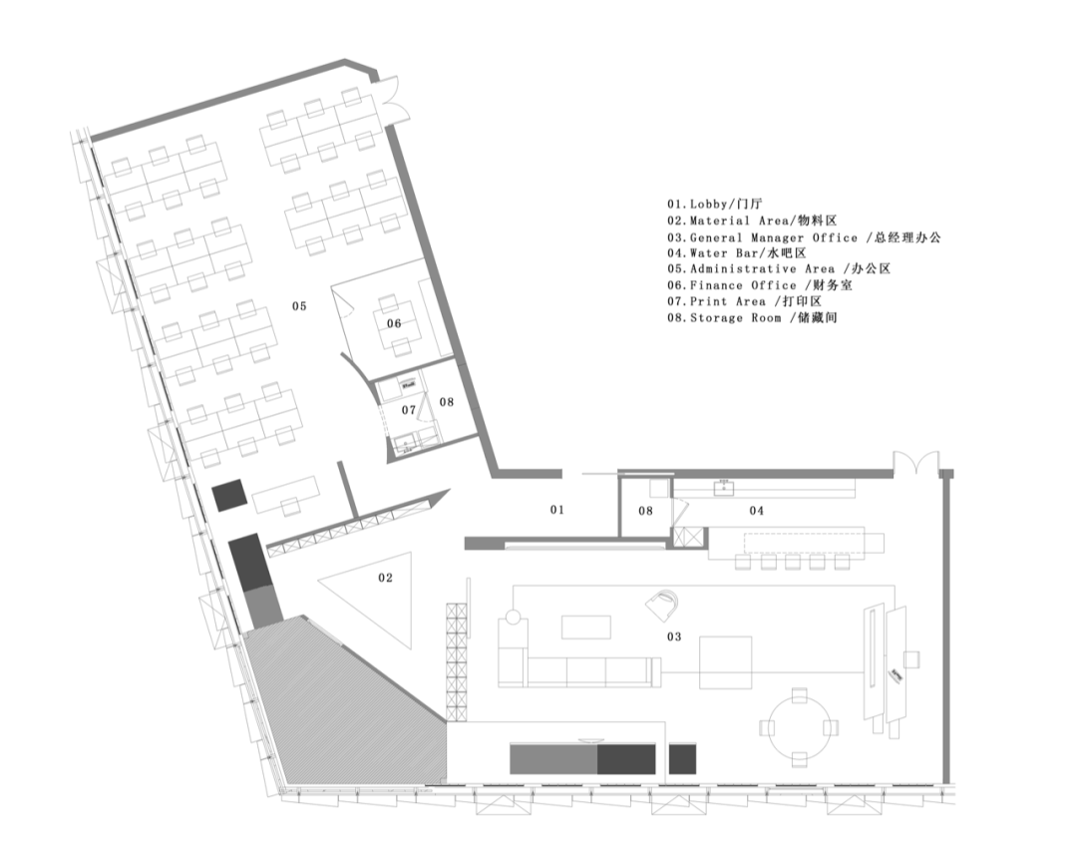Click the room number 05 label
pyautogui.click(x=299, y=305)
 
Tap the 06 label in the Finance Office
pyautogui.click(x=394, y=323)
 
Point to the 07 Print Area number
pyautogui.click(x=409, y=409)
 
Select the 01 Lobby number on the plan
pyautogui.click(x=557, y=509)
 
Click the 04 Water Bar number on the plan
pyautogui.click(x=756, y=510)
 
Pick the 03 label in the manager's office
pyautogui.click(x=674, y=637)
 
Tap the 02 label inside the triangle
pyautogui.click(x=385, y=578)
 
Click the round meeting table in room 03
pyautogui.click(x=799, y=727)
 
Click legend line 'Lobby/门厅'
pyautogui.click(x=714, y=204)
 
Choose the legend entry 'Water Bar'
pyautogui.click(x=736, y=252)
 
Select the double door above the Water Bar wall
pyautogui.click(x=915, y=462)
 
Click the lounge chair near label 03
pyautogui.click(x=663, y=606)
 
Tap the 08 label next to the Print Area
pyautogui.click(x=447, y=401)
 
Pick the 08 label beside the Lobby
pyautogui.click(x=645, y=510)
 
